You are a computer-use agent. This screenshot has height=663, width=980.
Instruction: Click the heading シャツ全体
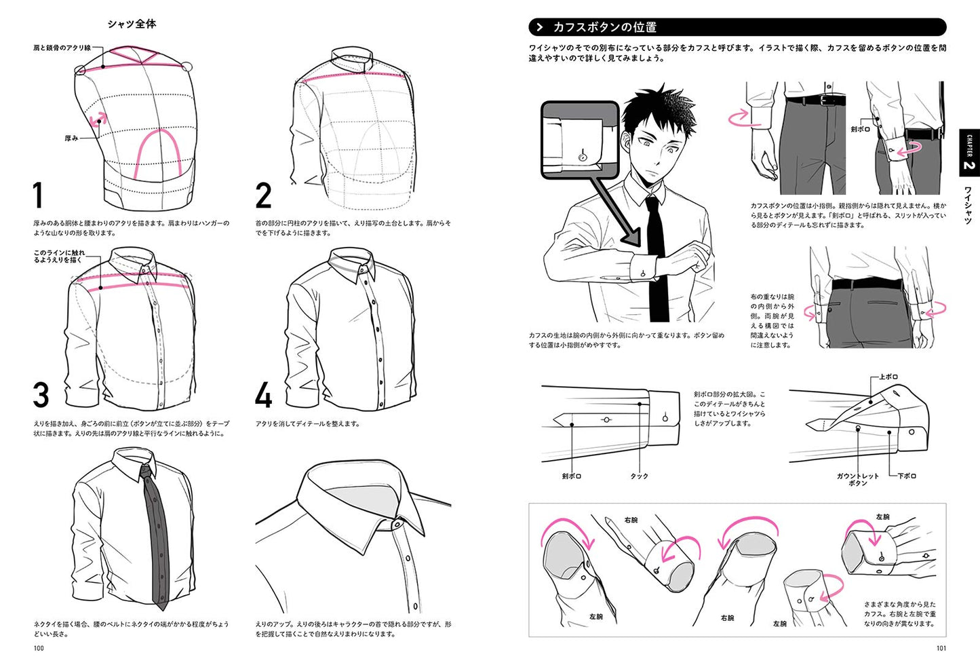click(x=132, y=24)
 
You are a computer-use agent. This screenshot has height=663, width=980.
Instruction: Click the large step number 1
click(x=39, y=195)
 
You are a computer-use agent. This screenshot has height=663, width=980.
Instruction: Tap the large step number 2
click(x=263, y=195)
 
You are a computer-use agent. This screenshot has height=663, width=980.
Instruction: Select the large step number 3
click(x=41, y=395)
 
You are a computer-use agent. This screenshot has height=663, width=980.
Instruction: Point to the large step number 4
click(x=263, y=395)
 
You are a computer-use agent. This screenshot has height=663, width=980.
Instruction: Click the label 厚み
click(x=71, y=138)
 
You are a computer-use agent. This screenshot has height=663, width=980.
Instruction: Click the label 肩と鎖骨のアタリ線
click(x=62, y=48)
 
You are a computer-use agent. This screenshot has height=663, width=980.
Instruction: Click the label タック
click(x=639, y=476)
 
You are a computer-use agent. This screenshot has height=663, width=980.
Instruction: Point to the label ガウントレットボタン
click(x=857, y=479)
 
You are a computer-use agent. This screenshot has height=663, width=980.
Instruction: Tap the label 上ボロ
click(x=888, y=377)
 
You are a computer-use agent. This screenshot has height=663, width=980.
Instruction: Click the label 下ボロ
click(x=907, y=476)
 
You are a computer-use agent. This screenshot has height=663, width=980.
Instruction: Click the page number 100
click(x=39, y=648)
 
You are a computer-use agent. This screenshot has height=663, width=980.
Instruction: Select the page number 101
click(x=941, y=648)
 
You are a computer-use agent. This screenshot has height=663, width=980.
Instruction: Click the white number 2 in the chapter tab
click(x=968, y=165)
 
